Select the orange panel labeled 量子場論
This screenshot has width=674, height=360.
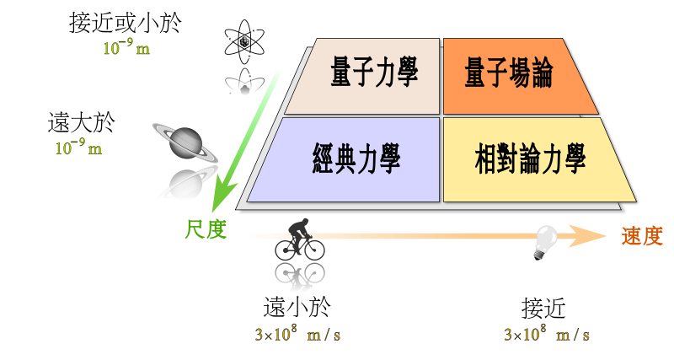pyautogui.click(x=508, y=75)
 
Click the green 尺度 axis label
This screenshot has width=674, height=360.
pyautogui.click(x=206, y=228)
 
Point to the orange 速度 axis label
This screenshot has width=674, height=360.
pyautogui.click(x=642, y=236)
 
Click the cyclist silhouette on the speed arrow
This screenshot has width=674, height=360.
pyautogui.click(x=300, y=239)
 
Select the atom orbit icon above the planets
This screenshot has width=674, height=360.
pyautogui.click(x=243, y=80)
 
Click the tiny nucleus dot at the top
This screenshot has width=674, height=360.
pyautogui.click(x=245, y=40)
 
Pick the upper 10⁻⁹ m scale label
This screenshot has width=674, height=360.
pyautogui.click(x=126, y=47)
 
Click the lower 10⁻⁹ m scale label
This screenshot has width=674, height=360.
pyautogui.click(x=78, y=148)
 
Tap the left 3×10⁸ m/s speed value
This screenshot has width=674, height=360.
pyautogui.click(x=297, y=334)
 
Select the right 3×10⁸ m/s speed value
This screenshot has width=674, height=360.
pyautogui.click(x=546, y=334)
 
